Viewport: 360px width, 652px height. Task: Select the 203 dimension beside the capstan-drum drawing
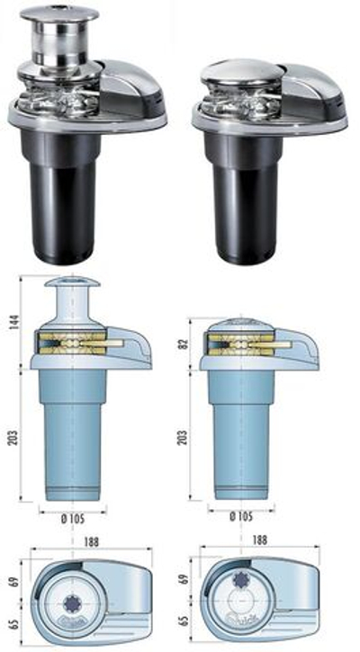pyautogui.click(x=13, y=435)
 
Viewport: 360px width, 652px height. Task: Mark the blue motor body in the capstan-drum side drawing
pyautogui.click(x=72, y=432)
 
